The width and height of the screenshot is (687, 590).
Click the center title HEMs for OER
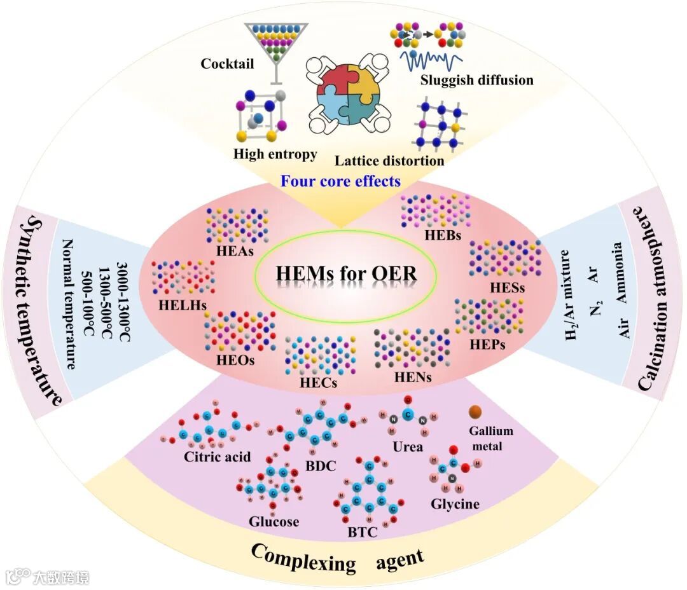click(x=347, y=274)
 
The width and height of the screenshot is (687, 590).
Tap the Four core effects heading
click(x=341, y=181)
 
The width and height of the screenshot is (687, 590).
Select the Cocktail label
click(x=227, y=64)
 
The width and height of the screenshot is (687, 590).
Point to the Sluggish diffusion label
click(x=476, y=81)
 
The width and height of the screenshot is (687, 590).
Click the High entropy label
click(x=275, y=154)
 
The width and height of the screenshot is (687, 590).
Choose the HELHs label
click(x=183, y=304)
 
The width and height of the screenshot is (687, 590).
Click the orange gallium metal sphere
click(x=475, y=413)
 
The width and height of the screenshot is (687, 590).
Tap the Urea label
click(x=408, y=446)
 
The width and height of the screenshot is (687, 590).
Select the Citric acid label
click(x=218, y=456)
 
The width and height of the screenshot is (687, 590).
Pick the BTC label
click(x=363, y=532)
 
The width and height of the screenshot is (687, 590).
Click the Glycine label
click(x=455, y=504)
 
